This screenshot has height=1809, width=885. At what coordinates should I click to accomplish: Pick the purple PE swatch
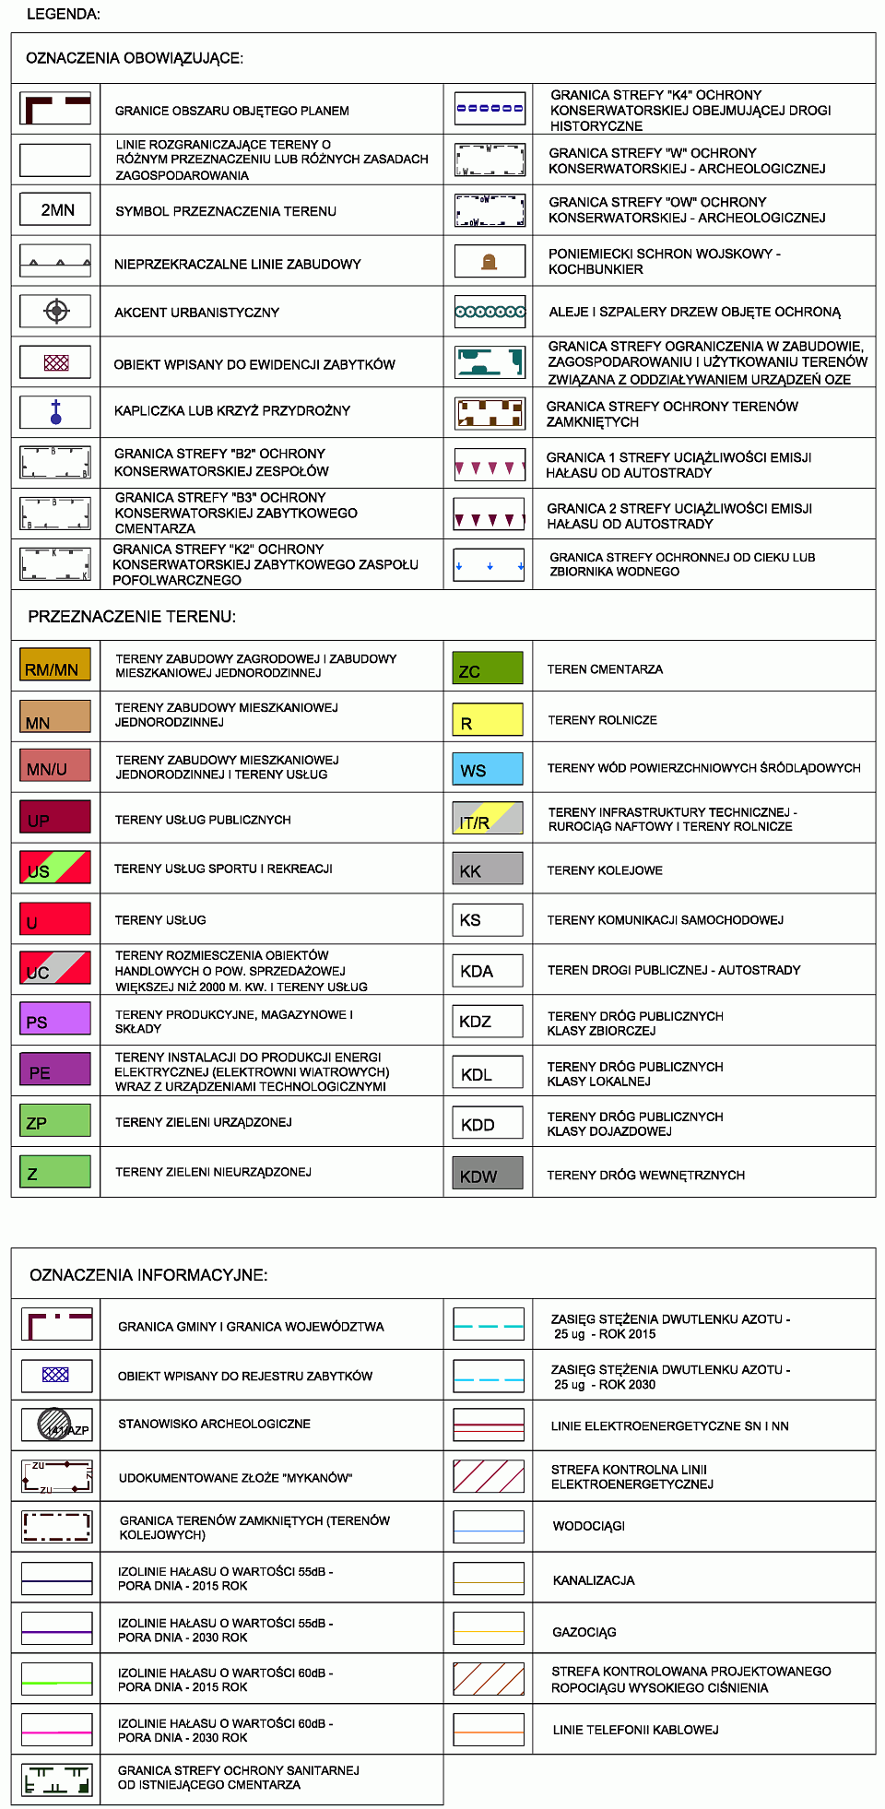click(55, 1070)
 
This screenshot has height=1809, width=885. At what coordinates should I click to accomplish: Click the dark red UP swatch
click(55, 818)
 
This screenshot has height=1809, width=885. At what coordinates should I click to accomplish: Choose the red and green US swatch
click(55, 868)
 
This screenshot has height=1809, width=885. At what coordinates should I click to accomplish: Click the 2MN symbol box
click(56, 209)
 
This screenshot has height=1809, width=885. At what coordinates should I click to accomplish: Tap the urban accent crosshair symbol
click(56, 311)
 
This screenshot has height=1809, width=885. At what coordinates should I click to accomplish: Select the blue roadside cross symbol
click(56, 411)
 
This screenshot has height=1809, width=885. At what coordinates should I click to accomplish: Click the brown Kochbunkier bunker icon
click(490, 262)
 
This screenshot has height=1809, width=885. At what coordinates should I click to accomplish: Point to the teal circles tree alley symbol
click(490, 312)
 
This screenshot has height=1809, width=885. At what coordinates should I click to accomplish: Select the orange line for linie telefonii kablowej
click(490, 1731)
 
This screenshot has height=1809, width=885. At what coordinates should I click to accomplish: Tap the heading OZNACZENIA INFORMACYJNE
click(148, 1275)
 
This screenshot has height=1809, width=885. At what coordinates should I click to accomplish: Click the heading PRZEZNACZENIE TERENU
click(132, 617)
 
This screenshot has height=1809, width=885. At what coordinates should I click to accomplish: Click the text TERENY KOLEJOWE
click(605, 870)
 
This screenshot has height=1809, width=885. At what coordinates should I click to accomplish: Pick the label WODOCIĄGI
click(589, 1526)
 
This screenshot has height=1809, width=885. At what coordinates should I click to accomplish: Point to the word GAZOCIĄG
click(584, 1632)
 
